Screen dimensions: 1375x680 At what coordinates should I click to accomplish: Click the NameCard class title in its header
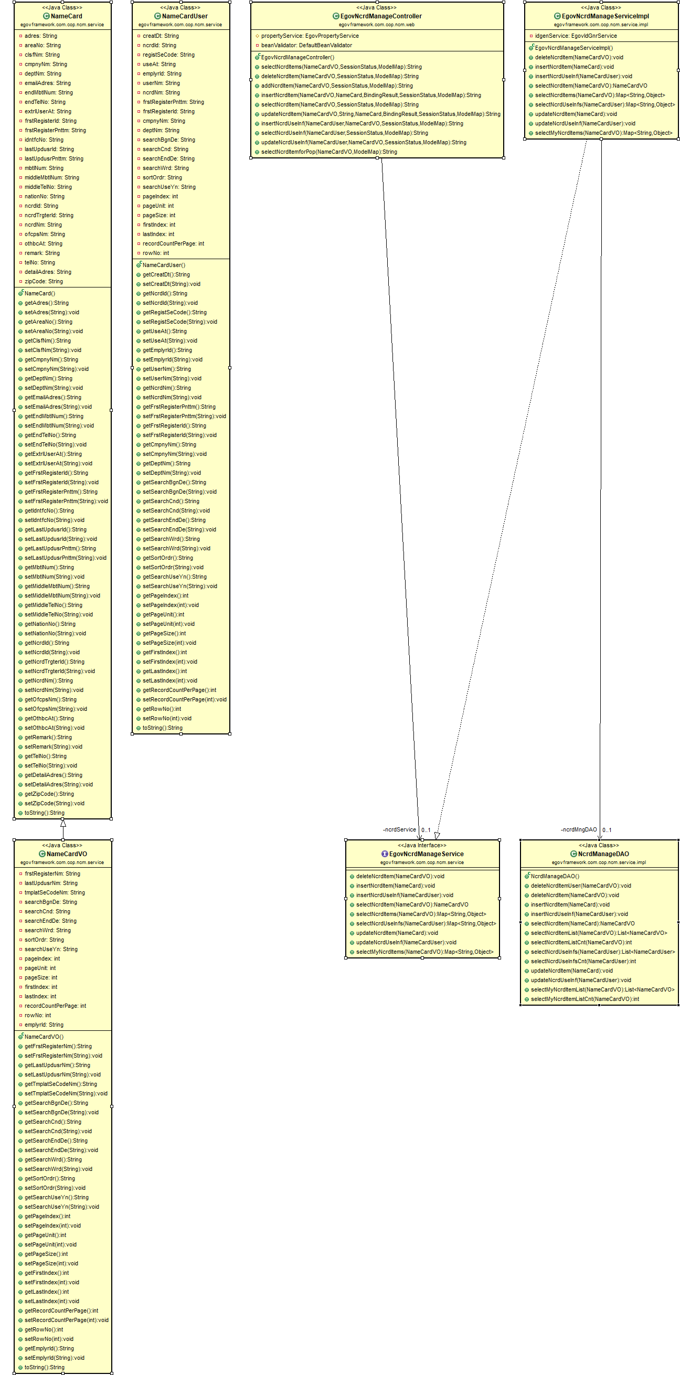pyautogui.click(x=66, y=16)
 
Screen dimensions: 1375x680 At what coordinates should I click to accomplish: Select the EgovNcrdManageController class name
pyautogui.click(x=380, y=16)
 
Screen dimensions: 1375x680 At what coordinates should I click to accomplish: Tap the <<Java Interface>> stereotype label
pyautogui.click(x=422, y=845)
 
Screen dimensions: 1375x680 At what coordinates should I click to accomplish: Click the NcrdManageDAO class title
pyautogui.click(x=603, y=854)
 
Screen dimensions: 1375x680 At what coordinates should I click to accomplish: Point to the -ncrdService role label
pyautogui.click(x=399, y=829)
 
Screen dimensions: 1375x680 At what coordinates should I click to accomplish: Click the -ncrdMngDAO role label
pyautogui.click(x=579, y=829)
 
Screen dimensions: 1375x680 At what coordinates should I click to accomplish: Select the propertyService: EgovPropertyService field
pyautogui.click(x=310, y=36)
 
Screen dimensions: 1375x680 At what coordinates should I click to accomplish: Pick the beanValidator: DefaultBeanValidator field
pyautogui.click(x=306, y=45)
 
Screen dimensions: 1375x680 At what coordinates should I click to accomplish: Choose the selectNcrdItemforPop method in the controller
pyautogui.click(x=329, y=152)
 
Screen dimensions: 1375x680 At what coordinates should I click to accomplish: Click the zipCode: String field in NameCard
pyautogui.click(x=43, y=281)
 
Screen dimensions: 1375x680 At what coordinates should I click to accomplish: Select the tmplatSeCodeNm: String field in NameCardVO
pyautogui.click(x=55, y=892)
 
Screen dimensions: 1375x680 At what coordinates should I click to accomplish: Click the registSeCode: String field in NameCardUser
pyautogui.click(x=168, y=55)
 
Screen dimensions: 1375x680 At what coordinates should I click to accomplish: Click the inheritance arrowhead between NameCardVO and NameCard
pyautogui.click(x=63, y=824)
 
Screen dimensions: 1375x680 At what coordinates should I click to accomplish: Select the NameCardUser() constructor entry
pyautogui.click(x=163, y=265)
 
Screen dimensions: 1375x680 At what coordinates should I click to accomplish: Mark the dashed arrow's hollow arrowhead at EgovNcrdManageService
pyautogui.click(x=437, y=835)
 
